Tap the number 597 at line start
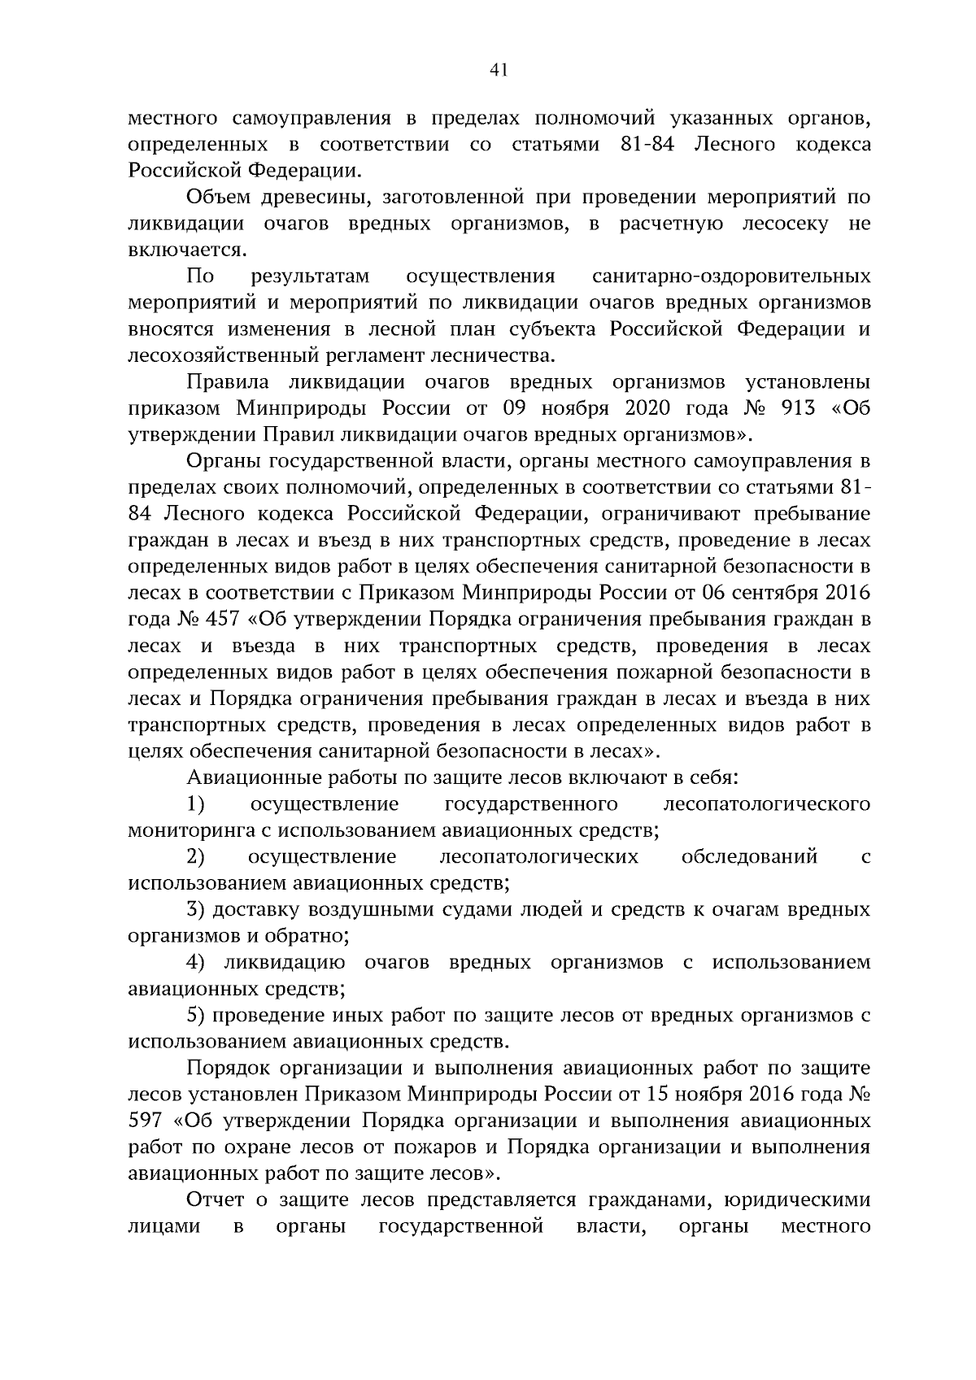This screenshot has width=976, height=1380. click(x=146, y=1121)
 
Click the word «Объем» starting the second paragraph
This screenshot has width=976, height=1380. click(x=219, y=197)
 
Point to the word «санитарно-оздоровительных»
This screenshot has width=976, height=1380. click(x=732, y=276)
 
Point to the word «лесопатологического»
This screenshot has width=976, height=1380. click(x=767, y=804)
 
